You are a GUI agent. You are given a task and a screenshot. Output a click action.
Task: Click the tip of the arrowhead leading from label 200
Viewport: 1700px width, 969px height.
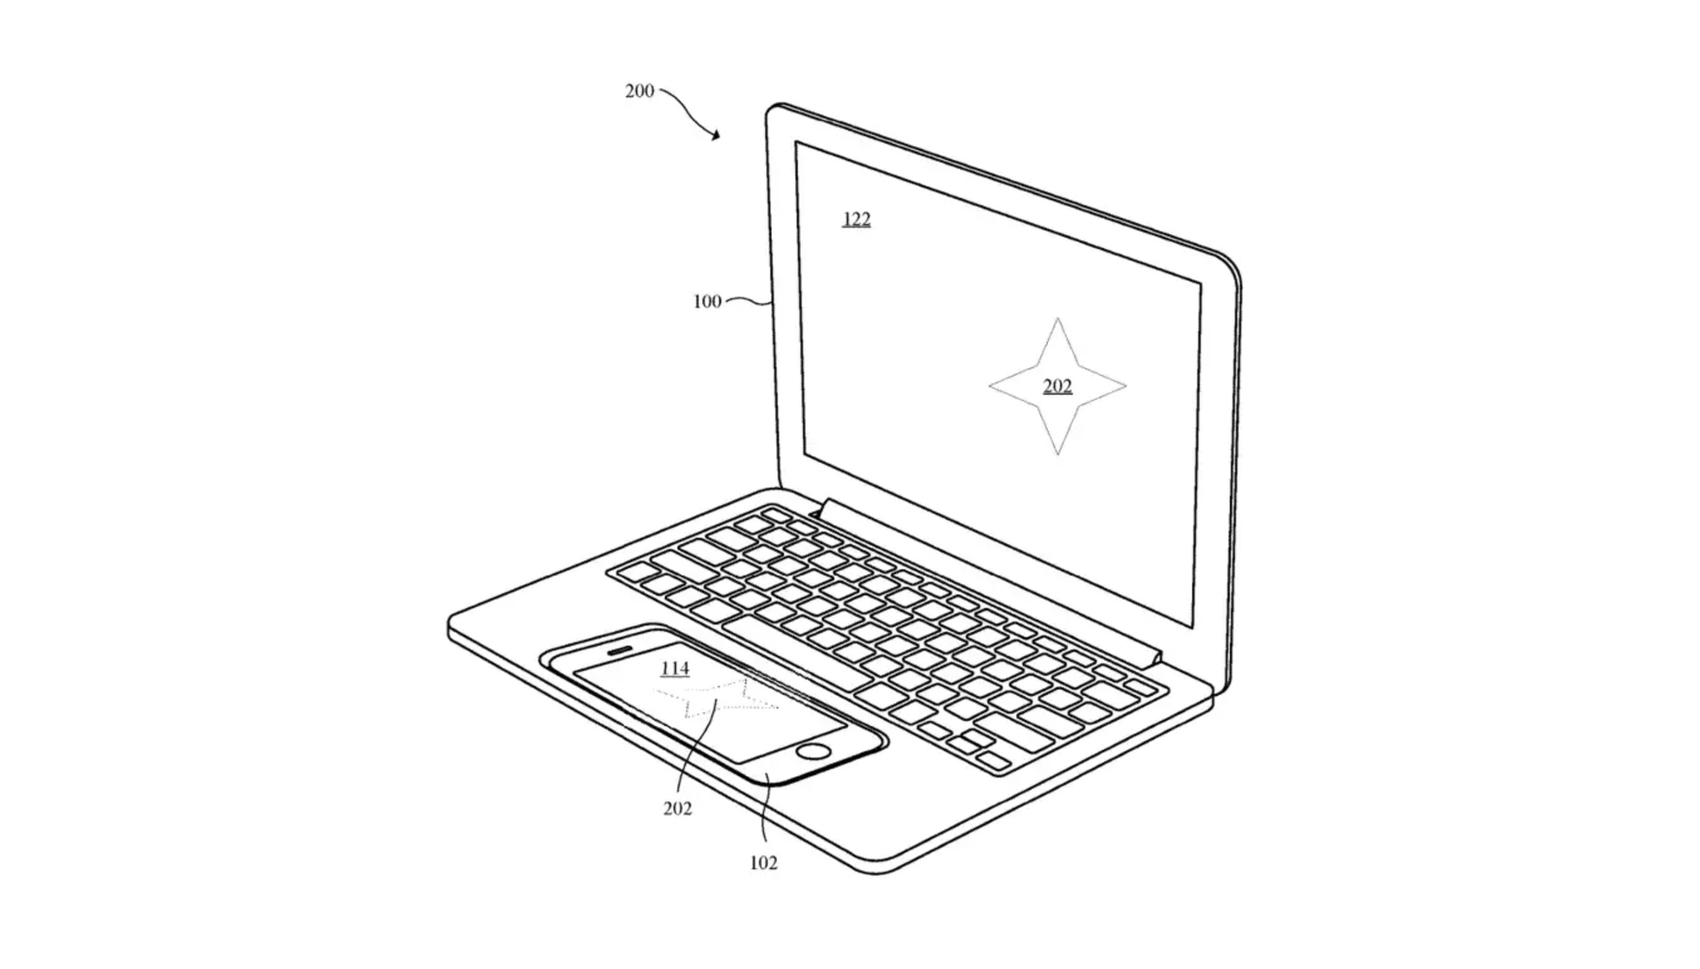point(719,140)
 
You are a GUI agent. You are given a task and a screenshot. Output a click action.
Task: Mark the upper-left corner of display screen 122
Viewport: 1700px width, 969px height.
point(795,141)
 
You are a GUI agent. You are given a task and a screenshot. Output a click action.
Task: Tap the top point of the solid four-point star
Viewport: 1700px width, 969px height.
point(1057,318)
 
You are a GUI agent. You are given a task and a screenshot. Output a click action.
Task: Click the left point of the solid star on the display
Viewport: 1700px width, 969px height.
point(989,386)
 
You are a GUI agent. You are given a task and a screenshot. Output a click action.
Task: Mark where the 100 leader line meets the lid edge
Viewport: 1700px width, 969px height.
point(772,304)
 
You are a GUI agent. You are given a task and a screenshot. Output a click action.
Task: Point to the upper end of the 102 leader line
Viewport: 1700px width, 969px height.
point(766,773)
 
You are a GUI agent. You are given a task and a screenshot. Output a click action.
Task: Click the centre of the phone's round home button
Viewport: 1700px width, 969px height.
point(813,752)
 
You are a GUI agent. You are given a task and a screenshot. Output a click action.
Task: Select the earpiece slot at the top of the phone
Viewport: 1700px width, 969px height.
point(620,650)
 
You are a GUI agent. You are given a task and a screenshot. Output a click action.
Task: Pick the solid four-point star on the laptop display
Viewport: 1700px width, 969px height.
point(1057,386)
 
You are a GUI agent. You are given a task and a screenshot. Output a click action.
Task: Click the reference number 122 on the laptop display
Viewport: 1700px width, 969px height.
point(857,219)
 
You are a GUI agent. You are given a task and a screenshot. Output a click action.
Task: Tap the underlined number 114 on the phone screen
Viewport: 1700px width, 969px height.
point(675,668)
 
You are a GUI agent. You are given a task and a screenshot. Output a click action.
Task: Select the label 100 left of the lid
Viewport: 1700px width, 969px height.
point(707,301)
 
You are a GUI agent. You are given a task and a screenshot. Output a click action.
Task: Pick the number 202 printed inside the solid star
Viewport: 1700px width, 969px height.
point(1058,386)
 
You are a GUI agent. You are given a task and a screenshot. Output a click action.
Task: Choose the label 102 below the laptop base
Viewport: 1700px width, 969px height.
point(763,862)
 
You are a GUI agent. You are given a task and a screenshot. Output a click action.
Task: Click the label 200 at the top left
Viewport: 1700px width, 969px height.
point(640,90)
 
